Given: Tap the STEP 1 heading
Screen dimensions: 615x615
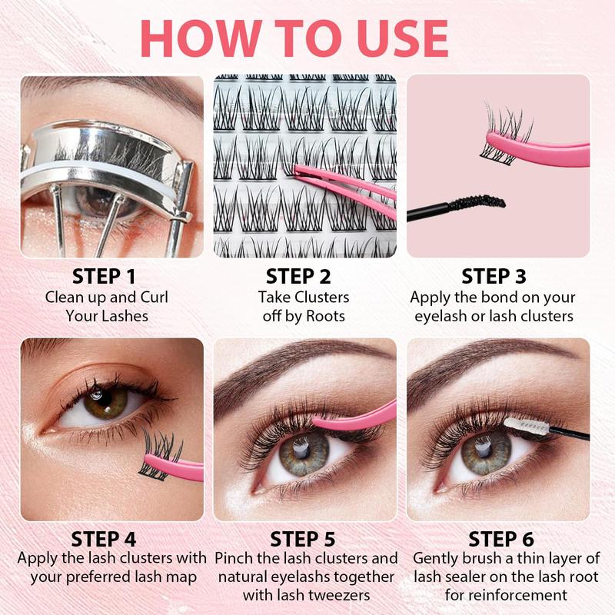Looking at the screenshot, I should click(x=107, y=276).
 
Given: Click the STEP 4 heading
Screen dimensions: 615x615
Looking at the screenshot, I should click(x=107, y=537).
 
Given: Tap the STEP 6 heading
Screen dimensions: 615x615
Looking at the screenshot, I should click(x=500, y=537).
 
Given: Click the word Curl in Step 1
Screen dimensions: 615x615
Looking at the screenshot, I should click(x=151, y=297).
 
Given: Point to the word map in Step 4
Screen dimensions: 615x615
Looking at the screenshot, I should click(x=178, y=576).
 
